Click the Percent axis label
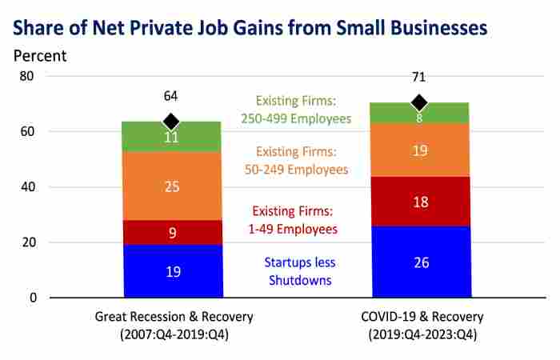(40, 56)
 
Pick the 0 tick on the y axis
(33, 298)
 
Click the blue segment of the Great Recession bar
(173, 271)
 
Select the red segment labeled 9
(173, 232)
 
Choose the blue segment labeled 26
(419, 262)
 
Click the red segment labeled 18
(419, 202)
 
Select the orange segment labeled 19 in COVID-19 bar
(419, 150)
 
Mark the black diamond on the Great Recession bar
(170, 122)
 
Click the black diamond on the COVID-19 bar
(418, 103)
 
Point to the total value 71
(418, 78)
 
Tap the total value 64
(170, 97)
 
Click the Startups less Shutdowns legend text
(301, 270)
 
